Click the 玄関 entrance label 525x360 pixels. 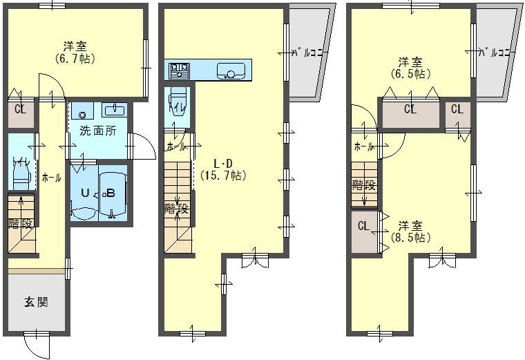click(x=36, y=302)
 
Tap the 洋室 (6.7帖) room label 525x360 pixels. click(x=75, y=53)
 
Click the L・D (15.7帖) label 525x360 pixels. click(x=223, y=169)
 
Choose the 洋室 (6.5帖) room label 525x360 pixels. click(x=410, y=67)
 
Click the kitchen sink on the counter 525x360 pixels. click(x=230, y=70)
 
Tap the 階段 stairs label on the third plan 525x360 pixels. click(x=363, y=185)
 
